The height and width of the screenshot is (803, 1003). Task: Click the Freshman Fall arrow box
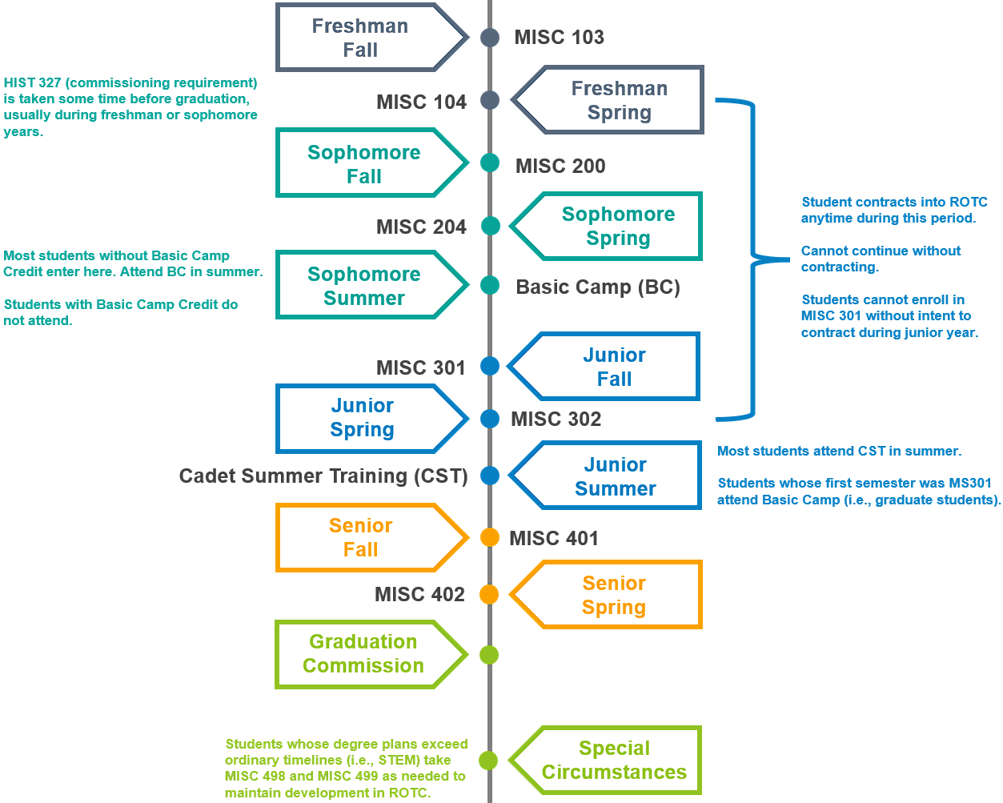364,38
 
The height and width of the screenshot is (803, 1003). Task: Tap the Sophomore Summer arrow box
364,286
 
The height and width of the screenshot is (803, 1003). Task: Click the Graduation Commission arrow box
364,654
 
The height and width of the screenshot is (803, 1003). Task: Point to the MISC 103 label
559,38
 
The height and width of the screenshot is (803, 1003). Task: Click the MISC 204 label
421,227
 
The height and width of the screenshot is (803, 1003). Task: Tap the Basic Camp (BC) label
598,287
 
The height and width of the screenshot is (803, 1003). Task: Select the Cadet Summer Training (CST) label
323,476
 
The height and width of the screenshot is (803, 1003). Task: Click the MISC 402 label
419,595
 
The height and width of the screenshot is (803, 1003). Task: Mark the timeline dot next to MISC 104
490,100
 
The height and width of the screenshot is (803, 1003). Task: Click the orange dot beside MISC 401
490,537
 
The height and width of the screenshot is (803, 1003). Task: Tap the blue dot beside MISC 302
490,418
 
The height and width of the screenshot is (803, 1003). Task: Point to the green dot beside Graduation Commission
489,655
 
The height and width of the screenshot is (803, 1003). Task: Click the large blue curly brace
752,259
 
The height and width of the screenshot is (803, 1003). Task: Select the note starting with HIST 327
130,107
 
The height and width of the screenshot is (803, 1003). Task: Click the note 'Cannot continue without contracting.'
881,259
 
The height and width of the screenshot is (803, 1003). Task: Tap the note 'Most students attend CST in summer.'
839,452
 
